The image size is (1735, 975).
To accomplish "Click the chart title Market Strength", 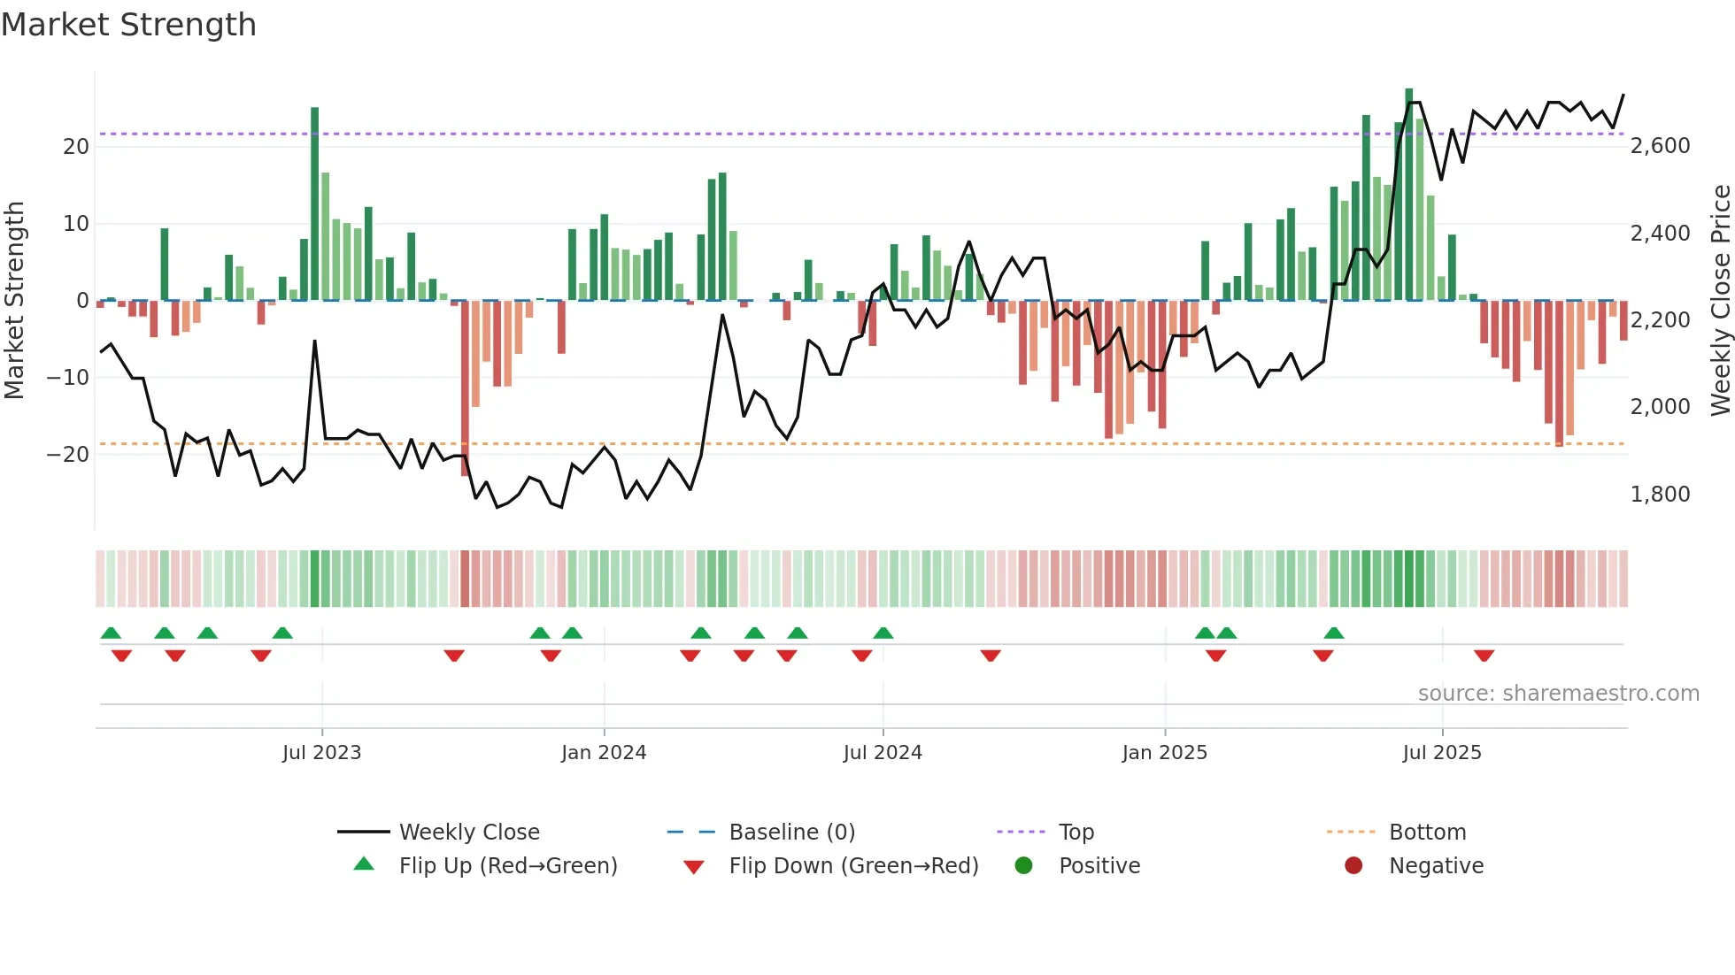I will click(x=128, y=25).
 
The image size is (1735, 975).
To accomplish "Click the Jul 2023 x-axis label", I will click(x=321, y=753).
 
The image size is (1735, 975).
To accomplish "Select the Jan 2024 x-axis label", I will click(x=604, y=753).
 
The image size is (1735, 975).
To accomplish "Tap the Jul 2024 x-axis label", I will click(x=883, y=753).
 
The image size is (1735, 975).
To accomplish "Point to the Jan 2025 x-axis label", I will click(x=1164, y=753).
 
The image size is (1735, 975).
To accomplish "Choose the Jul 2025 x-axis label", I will click(x=1442, y=753).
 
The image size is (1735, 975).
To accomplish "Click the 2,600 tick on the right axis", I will click(x=1660, y=146).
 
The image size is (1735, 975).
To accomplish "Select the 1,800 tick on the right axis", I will click(x=1660, y=495).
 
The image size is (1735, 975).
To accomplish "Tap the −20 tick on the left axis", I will click(x=68, y=455).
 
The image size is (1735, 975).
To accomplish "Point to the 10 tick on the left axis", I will click(x=76, y=224).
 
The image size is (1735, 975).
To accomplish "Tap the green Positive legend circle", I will click(x=1024, y=866).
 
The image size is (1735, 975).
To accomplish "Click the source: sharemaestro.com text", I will click(x=1558, y=694).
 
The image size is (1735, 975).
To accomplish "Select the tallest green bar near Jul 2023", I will click(x=315, y=203).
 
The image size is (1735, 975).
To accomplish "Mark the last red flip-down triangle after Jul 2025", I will click(x=1484, y=656).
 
